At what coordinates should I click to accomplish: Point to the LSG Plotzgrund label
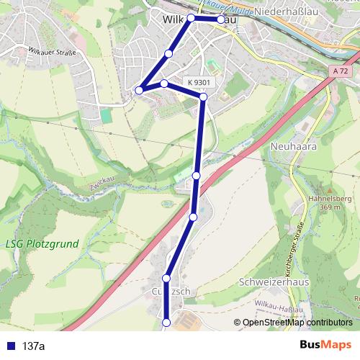[x=41, y=244]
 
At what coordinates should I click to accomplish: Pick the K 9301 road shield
[x=199, y=83]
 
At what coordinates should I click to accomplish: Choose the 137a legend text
[x=33, y=346]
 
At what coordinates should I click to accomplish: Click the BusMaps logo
[x=325, y=345]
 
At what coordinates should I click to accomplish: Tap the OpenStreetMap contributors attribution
[x=297, y=322]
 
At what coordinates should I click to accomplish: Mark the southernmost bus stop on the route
[x=166, y=323]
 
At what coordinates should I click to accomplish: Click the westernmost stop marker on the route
[x=139, y=90]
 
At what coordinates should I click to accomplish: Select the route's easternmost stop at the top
[x=221, y=19]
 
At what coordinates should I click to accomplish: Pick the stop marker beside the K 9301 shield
[x=203, y=96]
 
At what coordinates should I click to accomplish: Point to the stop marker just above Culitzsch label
[x=166, y=278]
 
